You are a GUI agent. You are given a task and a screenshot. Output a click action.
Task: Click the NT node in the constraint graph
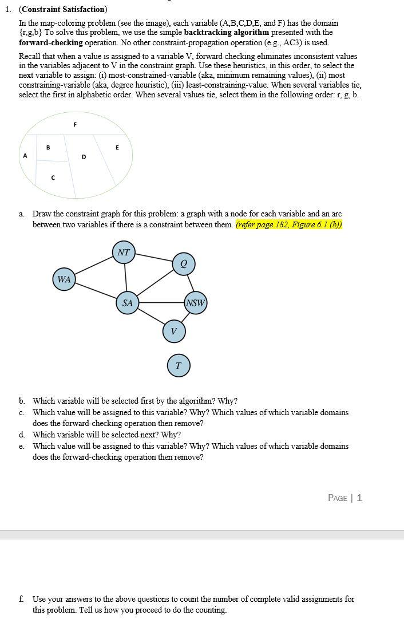(124, 252)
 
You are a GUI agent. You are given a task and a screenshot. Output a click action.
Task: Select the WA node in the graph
(64, 279)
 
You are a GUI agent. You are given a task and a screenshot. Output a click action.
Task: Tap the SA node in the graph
(127, 303)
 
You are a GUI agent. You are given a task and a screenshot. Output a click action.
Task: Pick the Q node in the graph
(184, 263)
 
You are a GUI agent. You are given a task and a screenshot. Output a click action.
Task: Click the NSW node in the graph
(195, 303)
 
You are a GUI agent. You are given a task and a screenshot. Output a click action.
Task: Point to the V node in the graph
(173, 331)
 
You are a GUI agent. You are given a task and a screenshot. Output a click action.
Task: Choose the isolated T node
(179, 365)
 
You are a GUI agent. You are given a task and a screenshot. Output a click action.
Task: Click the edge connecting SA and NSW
(161, 302)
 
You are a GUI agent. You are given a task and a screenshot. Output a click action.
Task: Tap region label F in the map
(75, 124)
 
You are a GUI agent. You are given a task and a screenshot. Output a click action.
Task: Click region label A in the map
(25, 156)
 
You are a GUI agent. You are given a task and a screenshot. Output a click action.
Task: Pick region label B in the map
(48, 147)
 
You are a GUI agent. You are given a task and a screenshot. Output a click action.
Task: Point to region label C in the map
(53, 178)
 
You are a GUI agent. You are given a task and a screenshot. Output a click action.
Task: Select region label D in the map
(84, 156)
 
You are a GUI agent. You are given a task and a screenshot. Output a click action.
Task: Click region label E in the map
(117, 147)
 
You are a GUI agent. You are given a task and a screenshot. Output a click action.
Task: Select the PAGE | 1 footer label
(344, 498)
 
